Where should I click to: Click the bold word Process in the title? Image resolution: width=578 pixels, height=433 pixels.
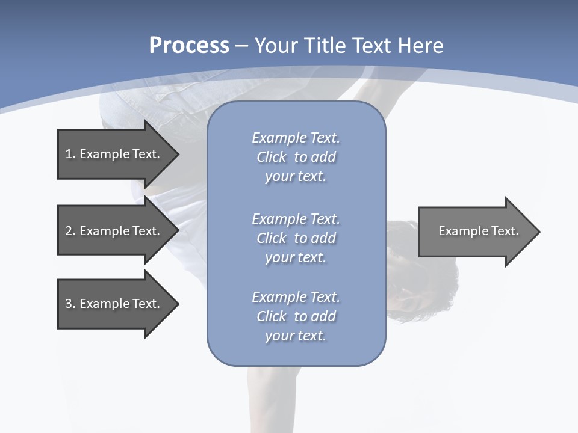(x=189, y=46)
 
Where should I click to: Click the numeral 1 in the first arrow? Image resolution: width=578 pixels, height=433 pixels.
(x=68, y=154)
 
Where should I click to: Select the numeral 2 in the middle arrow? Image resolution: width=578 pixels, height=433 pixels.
(x=69, y=231)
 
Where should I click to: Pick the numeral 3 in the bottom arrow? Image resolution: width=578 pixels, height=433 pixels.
(x=69, y=304)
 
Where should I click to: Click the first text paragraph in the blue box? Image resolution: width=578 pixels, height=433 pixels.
(x=296, y=157)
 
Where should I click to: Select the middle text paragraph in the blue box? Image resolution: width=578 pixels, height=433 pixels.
(x=296, y=238)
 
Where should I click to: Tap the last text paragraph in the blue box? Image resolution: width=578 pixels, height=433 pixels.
(x=296, y=316)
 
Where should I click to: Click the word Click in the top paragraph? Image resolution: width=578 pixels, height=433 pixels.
(x=272, y=157)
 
